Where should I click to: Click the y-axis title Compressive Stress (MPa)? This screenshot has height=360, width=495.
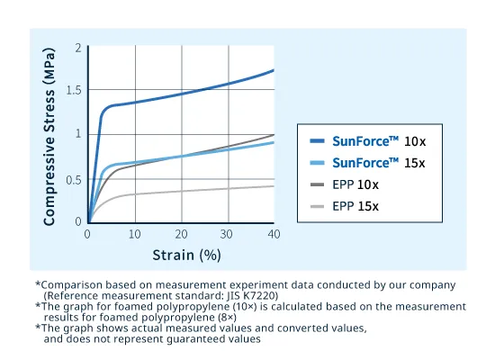[50, 135]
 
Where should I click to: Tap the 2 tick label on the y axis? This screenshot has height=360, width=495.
[78, 47]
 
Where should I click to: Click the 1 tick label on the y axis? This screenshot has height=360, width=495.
[78, 134]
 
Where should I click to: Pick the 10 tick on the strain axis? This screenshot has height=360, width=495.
[134, 234]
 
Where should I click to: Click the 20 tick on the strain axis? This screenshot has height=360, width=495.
[181, 234]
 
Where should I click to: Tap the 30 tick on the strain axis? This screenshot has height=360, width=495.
[228, 234]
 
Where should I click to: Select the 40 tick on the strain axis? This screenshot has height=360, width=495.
[274, 234]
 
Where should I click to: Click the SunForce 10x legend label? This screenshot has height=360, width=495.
[377, 141]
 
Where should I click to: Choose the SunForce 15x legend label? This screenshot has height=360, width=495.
[377, 163]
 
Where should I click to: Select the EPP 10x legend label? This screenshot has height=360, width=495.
[355, 184]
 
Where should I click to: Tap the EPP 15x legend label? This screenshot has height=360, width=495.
[355, 206]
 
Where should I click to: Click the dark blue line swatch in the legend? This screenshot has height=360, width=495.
[316, 141]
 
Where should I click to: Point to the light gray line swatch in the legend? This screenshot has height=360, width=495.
[316, 206]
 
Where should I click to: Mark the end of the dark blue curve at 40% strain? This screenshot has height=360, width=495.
[274, 70]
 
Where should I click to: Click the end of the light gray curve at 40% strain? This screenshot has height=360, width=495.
[274, 186]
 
